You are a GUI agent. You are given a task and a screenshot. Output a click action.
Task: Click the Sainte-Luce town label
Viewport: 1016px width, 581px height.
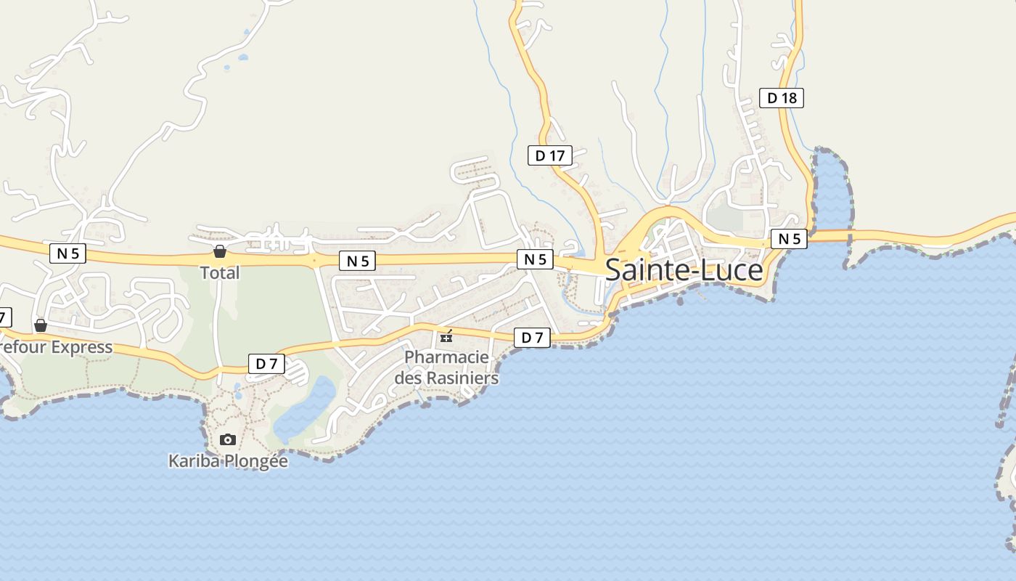684,270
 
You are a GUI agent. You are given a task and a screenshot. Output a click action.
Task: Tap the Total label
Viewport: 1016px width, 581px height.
220,273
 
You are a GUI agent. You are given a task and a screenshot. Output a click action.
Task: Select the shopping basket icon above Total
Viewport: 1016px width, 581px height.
220,251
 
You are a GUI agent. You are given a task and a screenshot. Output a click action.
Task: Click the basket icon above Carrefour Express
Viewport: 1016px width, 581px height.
41,325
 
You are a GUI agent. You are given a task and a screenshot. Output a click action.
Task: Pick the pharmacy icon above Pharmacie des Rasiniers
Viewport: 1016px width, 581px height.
446,336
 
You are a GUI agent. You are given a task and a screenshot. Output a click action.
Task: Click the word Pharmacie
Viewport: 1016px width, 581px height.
446,357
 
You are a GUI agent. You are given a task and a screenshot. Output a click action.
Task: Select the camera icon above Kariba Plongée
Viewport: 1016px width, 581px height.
228,439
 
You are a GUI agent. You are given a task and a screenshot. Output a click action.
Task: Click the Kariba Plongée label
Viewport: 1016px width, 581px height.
228,461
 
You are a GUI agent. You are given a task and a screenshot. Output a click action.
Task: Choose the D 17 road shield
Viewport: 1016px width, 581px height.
549,155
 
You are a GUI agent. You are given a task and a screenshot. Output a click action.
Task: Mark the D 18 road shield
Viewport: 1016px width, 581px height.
782,97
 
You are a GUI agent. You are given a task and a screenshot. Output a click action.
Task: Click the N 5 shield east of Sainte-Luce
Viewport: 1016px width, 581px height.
789,238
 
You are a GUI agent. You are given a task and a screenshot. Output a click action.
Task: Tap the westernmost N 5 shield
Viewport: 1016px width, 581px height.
68,253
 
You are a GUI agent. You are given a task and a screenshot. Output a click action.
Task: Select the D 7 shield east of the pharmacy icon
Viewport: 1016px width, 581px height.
532,338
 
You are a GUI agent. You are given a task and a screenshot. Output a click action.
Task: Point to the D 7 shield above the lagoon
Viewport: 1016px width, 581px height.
266,364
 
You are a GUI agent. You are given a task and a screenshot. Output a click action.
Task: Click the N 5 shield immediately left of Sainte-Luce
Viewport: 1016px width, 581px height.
535,259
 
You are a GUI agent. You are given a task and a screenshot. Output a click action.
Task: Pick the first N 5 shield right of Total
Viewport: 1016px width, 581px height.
357,261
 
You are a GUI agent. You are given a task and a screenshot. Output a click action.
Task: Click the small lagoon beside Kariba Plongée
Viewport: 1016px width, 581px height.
305,410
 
